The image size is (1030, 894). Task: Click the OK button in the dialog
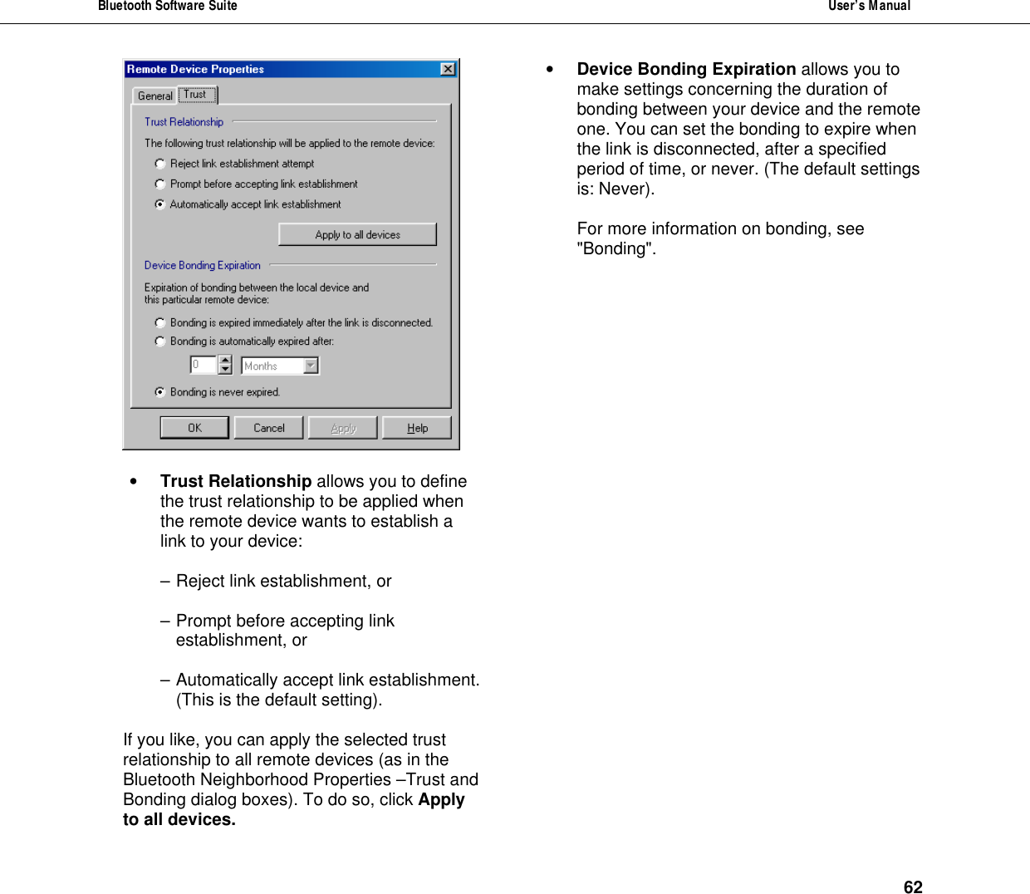(x=194, y=428)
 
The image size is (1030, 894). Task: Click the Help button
(x=417, y=428)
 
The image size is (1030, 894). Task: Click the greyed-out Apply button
(x=343, y=428)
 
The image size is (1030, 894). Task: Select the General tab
(x=154, y=96)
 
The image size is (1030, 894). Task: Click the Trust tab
(x=196, y=95)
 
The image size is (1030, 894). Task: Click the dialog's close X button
(x=448, y=69)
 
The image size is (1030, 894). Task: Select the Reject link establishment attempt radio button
(x=160, y=164)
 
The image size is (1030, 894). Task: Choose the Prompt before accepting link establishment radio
(x=160, y=184)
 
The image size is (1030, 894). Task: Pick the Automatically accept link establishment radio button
(x=160, y=204)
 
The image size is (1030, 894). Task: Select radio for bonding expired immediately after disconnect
(x=160, y=322)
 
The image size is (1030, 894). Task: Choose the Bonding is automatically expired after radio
(x=160, y=341)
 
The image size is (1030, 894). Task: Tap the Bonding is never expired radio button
(x=160, y=392)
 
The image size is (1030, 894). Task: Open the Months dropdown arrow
(x=311, y=366)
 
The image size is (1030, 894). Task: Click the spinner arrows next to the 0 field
(x=225, y=365)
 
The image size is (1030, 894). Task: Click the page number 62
(x=913, y=887)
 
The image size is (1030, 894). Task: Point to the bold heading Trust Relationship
(x=236, y=481)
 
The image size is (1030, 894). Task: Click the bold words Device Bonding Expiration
(x=686, y=69)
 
